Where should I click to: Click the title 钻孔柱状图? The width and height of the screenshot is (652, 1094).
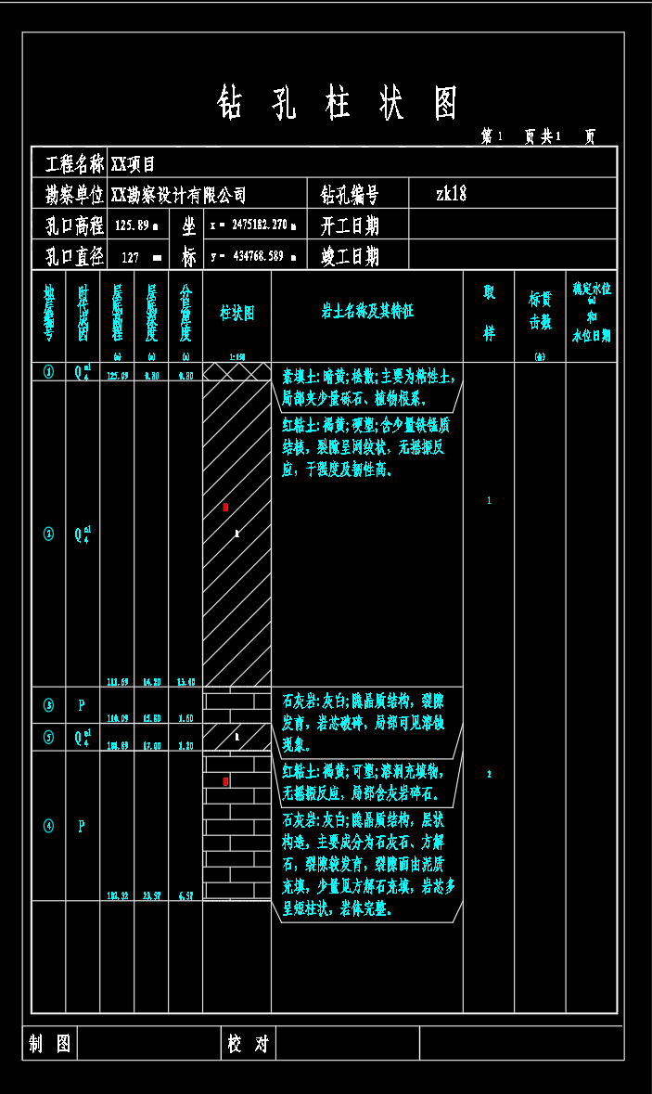[338, 104]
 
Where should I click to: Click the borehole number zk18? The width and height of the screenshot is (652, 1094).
[452, 194]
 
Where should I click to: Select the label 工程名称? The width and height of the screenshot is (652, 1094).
[75, 164]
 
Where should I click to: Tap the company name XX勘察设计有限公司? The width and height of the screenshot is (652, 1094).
[179, 195]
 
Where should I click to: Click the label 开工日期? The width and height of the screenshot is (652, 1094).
[350, 225]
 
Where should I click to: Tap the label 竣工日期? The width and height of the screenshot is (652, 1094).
[350, 256]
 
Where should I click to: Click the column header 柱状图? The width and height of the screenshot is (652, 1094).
[237, 313]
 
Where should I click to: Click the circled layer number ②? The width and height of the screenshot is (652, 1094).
[49, 534]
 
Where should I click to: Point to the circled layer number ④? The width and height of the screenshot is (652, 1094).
[49, 825]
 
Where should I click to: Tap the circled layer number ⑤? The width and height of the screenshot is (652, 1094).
[49, 737]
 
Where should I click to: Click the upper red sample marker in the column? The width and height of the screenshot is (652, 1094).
[225, 508]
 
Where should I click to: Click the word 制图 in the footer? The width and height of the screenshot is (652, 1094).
[49, 1044]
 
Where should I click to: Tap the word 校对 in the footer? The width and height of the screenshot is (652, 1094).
[248, 1044]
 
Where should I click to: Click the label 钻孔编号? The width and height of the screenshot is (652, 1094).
[350, 195]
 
